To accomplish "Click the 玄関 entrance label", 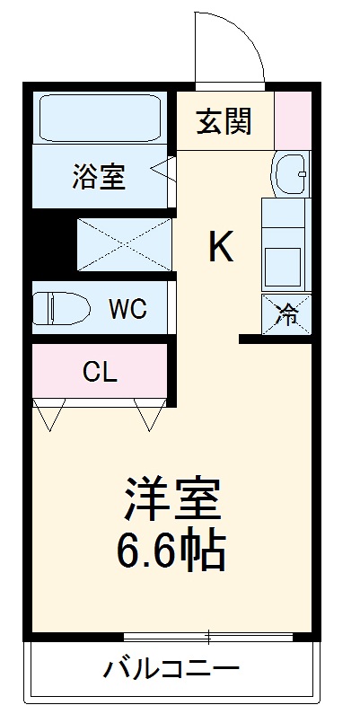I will pos(224,120).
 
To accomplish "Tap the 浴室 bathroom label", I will pos(99,176).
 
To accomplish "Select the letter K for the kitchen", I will pos(221,246).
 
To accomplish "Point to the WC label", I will pos(127,310).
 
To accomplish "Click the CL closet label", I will pos(100,370).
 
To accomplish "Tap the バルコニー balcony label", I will pos(171,669).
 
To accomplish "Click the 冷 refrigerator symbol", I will pos(287,315).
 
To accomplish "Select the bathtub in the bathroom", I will pos(99,119).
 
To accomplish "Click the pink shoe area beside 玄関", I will pos(292,119).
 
